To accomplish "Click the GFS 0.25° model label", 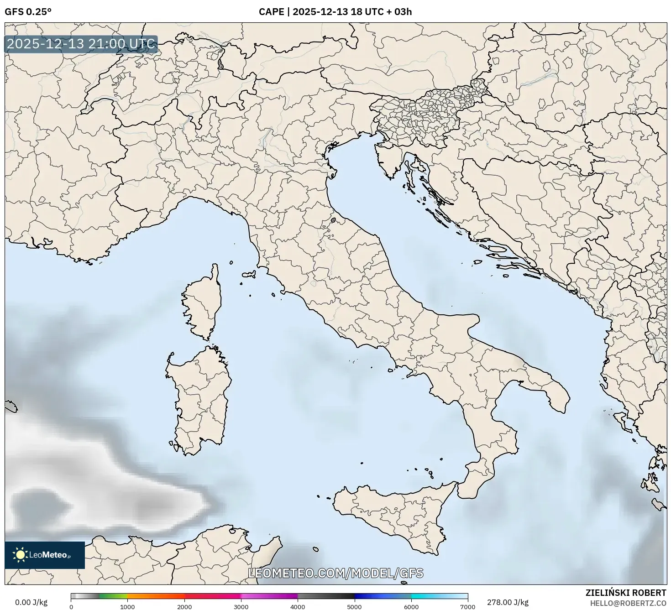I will click(x=28, y=12).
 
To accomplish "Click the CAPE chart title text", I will click(x=335, y=12).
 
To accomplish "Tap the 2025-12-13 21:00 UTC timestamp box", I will click(x=81, y=44).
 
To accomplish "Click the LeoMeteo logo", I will click(x=45, y=555).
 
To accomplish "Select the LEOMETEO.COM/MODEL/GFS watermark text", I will click(x=335, y=574).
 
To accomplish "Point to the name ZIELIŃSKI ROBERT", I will click(x=626, y=593).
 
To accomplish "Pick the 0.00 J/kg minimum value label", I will click(x=31, y=602).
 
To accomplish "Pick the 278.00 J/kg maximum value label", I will click(x=508, y=602).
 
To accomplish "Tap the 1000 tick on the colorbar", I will click(x=127, y=606).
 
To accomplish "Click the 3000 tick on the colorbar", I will click(x=241, y=606).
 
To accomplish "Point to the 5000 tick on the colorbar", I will click(x=355, y=606).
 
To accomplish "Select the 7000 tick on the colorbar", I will click(x=468, y=606).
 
